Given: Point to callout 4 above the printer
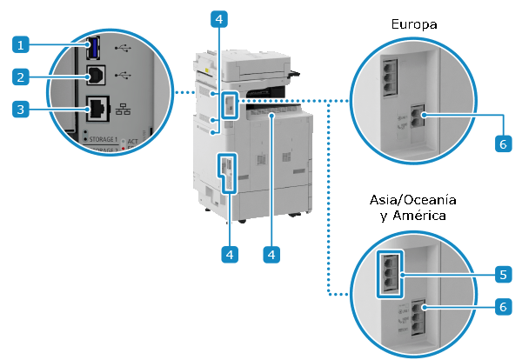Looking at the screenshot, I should point(221,17).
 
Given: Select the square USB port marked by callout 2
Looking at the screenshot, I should point(93,76).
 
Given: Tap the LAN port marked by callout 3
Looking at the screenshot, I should point(96,110).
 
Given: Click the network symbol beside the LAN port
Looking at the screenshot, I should point(122,110).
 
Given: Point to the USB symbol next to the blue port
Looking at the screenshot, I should point(122,47).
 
